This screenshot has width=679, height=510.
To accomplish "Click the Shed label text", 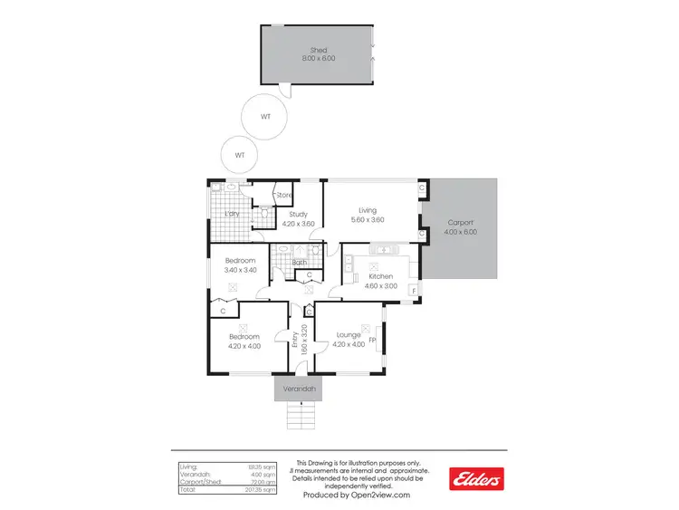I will (x=318, y=50).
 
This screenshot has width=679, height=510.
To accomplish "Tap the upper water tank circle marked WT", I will (x=264, y=117).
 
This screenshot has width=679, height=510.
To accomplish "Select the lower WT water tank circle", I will (x=240, y=155).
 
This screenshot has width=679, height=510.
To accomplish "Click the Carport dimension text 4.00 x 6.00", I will (x=462, y=232).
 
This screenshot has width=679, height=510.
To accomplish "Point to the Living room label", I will (x=367, y=210).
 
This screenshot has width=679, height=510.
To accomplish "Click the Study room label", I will (x=299, y=214).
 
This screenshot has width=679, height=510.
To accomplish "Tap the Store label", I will (x=284, y=195).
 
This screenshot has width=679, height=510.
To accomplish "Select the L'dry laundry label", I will (x=231, y=214).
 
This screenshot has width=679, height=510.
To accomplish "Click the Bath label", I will (x=299, y=264).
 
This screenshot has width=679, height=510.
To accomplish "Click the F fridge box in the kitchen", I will (x=414, y=290).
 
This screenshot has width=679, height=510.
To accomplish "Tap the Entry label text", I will (x=295, y=340).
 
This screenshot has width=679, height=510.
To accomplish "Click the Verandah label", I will (x=299, y=389).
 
